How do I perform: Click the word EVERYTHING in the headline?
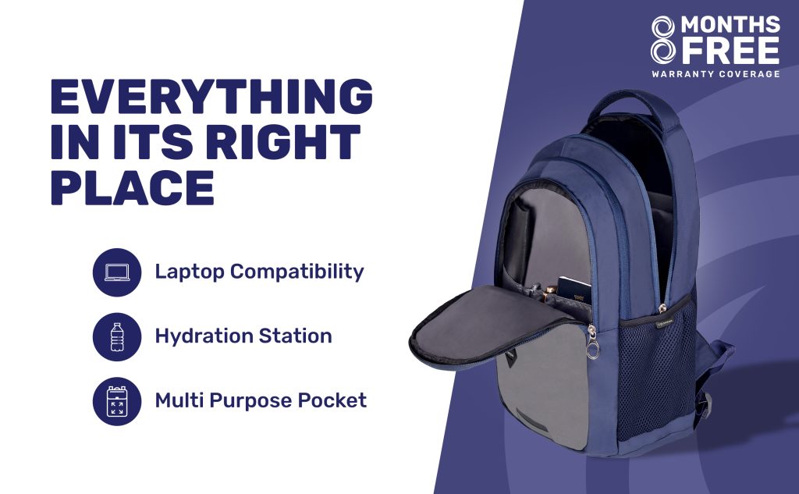211,96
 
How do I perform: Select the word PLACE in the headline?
133,187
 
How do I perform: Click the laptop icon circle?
117,272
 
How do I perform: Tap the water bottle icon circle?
117,337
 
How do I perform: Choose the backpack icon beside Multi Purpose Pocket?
117,401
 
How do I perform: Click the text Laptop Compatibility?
259,272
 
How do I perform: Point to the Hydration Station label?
243,336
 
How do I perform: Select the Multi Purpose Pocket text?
261,400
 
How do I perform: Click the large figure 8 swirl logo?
663,40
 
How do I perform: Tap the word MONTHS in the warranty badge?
730,24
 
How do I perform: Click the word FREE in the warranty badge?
730,51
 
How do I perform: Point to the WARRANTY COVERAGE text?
716,74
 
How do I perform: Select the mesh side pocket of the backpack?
655,372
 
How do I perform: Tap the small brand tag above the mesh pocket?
664,322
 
